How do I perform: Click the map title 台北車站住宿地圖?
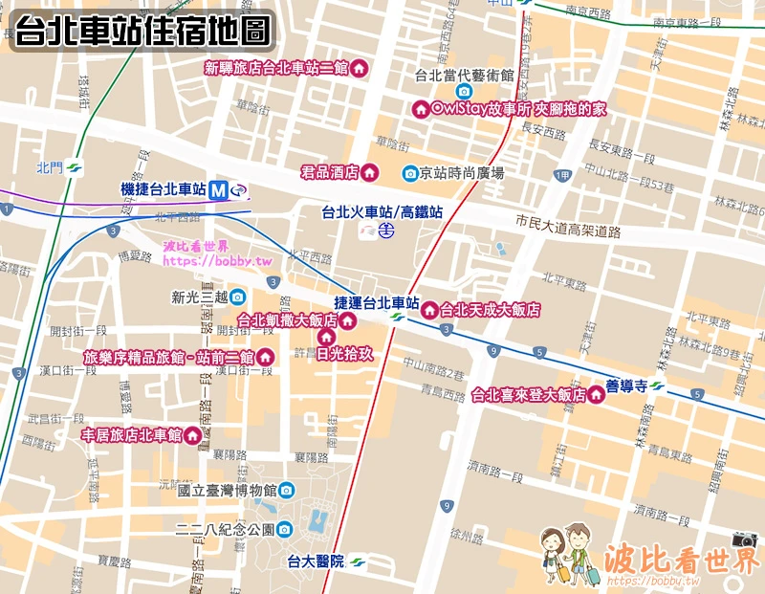pos(142,31)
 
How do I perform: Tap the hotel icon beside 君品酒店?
pos(370,172)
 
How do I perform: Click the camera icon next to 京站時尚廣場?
pos(410,173)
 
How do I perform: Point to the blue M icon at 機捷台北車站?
pos(219,190)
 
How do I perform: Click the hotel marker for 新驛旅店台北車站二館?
pos(359,68)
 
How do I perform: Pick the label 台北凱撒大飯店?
pos(287,319)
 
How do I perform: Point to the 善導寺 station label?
pos(626,386)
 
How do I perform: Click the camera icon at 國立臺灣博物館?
pos(286,491)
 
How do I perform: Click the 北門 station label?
pos(49,167)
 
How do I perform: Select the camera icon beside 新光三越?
pos(236,297)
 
